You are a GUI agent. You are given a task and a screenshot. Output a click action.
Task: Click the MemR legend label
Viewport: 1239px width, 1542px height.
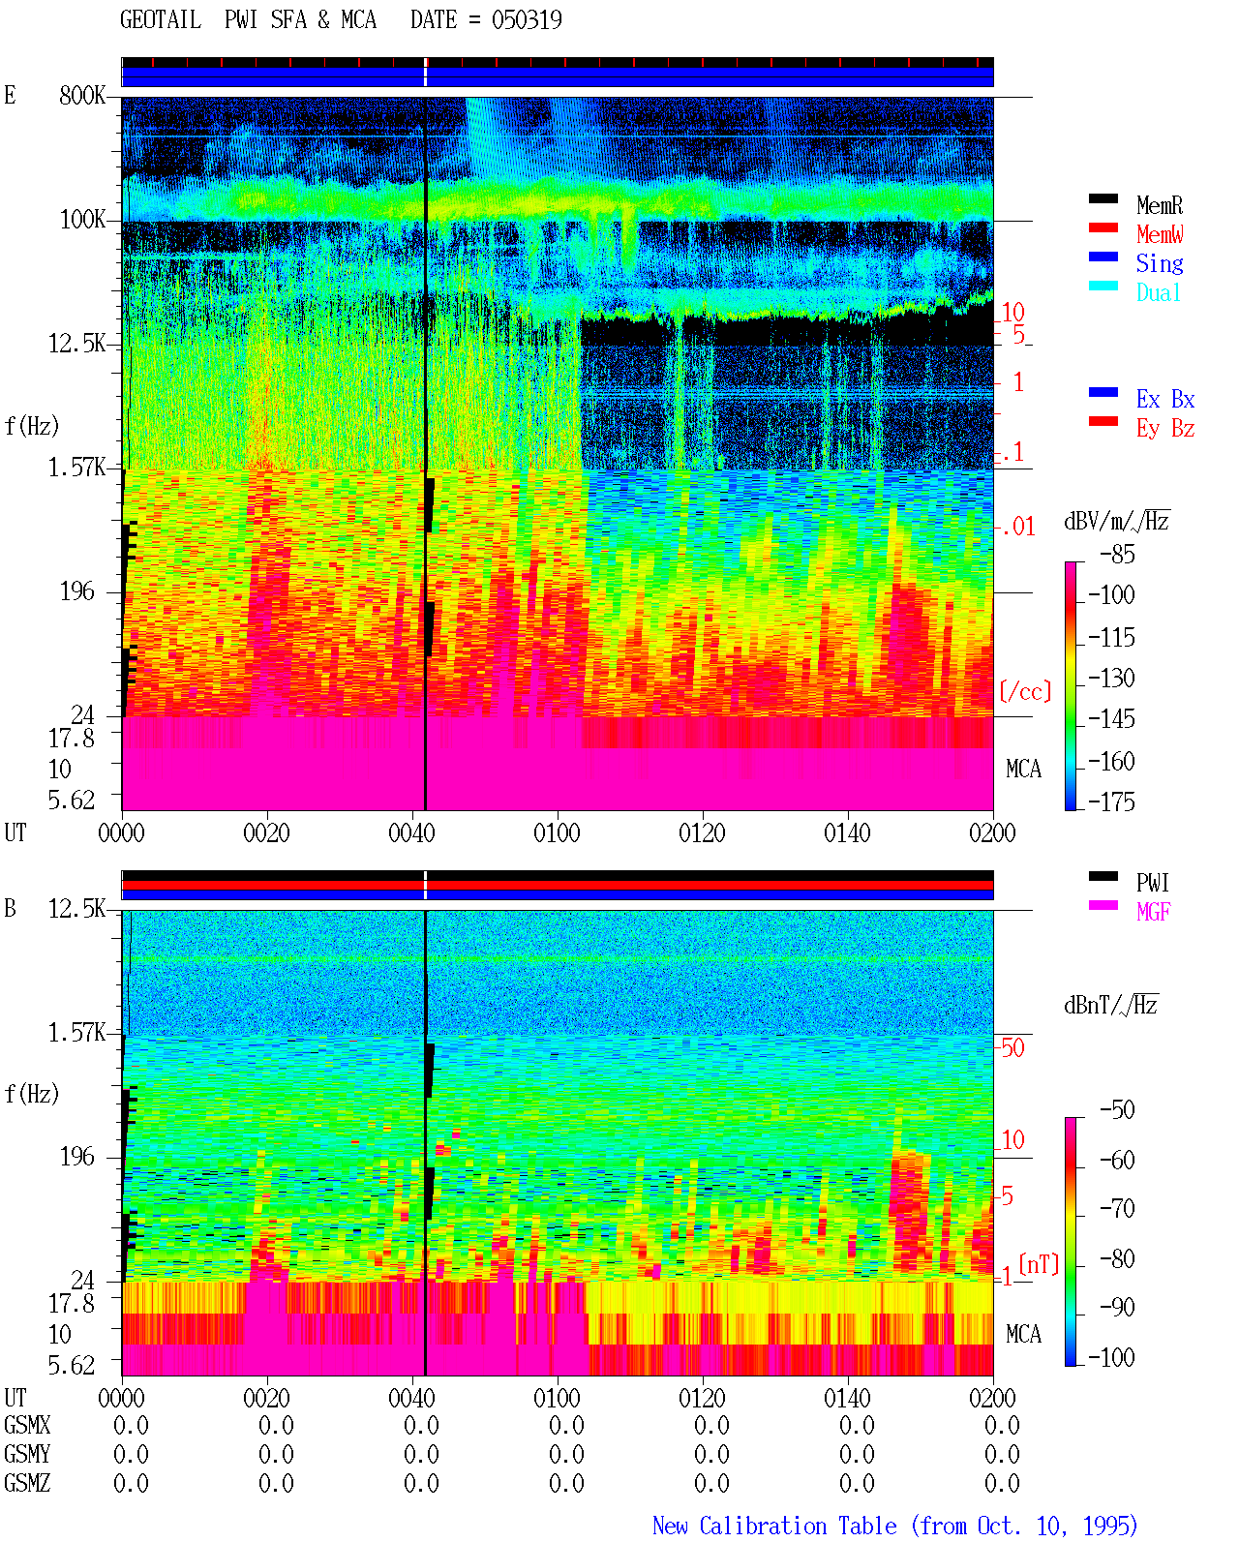(1159, 205)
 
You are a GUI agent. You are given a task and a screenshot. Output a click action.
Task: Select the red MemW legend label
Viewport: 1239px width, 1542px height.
(1159, 234)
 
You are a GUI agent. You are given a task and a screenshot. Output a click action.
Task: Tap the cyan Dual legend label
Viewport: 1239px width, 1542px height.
(1158, 292)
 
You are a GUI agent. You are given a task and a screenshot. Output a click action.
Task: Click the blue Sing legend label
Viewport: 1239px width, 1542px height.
(1159, 263)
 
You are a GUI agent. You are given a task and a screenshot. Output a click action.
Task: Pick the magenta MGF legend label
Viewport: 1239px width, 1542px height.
(1153, 912)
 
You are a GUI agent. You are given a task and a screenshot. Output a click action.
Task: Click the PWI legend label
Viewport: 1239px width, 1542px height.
(1152, 882)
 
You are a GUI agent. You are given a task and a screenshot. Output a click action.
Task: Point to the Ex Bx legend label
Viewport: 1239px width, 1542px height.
(1164, 399)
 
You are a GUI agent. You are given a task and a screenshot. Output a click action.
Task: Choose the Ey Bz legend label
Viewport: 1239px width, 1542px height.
(1164, 429)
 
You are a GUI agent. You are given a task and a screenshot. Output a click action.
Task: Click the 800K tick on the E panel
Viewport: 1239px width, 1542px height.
(82, 95)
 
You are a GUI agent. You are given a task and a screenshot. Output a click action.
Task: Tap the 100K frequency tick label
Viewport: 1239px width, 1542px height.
(82, 220)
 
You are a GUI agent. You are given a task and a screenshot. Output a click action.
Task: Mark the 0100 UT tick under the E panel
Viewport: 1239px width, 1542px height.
(557, 833)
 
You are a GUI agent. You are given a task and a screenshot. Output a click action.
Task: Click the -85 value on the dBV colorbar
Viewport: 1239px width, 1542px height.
(1117, 555)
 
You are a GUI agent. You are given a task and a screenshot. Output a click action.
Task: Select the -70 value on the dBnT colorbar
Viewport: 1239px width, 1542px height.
(1117, 1209)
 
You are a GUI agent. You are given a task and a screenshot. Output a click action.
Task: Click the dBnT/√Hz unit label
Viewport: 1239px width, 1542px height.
(1110, 1005)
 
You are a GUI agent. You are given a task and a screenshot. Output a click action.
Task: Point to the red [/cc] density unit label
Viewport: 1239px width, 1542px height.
(1025, 691)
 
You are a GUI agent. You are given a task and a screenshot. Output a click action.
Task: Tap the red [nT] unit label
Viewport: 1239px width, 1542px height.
(1039, 1264)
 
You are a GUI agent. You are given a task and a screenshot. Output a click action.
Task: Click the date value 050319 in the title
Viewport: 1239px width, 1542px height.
(527, 20)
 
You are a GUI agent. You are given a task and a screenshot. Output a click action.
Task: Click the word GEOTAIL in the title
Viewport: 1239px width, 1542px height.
(161, 20)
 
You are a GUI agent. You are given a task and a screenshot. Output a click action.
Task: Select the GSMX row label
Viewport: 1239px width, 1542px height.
(27, 1425)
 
